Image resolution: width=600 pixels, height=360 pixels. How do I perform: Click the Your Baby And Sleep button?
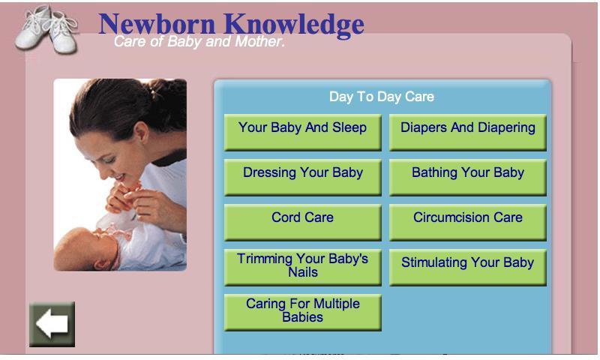(x=303, y=132)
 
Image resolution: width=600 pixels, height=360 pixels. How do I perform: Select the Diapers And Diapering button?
(x=467, y=132)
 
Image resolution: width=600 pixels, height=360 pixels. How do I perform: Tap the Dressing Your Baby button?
(x=303, y=177)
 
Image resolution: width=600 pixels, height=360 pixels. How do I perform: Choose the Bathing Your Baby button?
(x=467, y=177)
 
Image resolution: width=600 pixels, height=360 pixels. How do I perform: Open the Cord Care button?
(x=303, y=222)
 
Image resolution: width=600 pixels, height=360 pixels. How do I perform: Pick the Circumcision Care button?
(x=467, y=222)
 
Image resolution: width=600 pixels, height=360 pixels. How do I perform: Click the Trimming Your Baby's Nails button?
(x=303, y=268)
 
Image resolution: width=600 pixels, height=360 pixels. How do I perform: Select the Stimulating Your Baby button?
(x=467, y=268)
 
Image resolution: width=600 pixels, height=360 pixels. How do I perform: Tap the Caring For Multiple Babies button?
(x=303, y=312)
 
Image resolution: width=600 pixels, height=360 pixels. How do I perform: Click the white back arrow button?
(x=52, y=324)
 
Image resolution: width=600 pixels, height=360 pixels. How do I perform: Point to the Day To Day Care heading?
(x=382, y=97)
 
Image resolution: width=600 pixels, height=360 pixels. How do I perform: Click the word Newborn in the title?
(x=157, y=24)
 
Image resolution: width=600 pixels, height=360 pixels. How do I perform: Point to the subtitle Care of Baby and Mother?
(x=199, y=41)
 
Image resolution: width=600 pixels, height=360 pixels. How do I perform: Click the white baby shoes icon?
(x=46, y=29)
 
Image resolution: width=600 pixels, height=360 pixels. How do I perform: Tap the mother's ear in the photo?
(x=140, y=132)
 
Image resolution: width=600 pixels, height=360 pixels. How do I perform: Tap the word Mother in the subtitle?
(x=259, y=41)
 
